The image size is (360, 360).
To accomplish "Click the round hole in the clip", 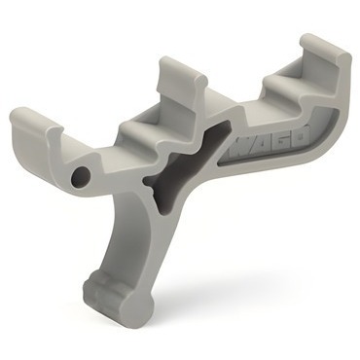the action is pyautogui.click(x=81, y=176).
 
